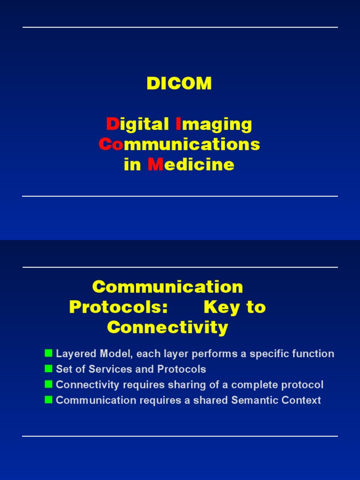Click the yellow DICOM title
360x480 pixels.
179,84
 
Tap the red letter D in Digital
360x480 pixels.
112,124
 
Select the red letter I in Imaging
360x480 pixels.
178,124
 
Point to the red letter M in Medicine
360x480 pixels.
154,165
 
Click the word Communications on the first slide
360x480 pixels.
179,144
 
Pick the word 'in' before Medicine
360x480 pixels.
132,165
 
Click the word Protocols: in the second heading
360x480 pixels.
118,307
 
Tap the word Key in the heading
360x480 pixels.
222,307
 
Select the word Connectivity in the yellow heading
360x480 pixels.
167,327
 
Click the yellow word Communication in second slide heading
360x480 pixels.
167,287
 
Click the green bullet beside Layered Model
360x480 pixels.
48,353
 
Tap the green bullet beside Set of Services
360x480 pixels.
48,368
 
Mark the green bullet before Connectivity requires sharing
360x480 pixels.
48,384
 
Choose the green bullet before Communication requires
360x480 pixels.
48,400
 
